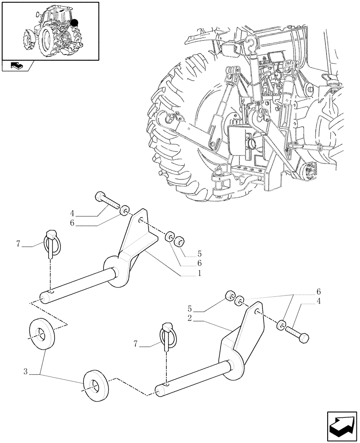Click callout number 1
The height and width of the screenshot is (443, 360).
click(x=200, y=274)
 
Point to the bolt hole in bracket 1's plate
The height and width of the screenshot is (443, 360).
click(x=141, y=220)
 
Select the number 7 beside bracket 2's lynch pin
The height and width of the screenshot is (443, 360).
click(x=136, y=343)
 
